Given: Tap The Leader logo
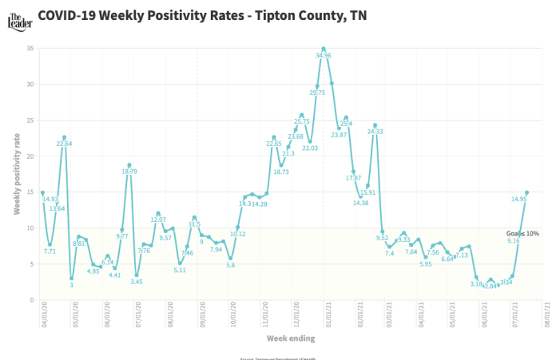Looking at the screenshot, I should coord(17,16).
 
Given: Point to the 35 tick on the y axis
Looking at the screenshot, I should coord(31,49).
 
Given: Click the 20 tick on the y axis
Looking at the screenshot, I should coord(31,156).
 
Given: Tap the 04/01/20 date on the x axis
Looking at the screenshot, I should coord(44,313).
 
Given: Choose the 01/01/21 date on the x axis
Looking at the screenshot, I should coord(328,313).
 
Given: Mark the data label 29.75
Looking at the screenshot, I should coord(317,93).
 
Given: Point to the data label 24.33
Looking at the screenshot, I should coord(375,132).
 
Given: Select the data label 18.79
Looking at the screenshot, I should coord(130,172).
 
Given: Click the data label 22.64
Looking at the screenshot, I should coord(65,144).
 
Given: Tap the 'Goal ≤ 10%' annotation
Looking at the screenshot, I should coord(522,234).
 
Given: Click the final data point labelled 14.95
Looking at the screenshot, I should coord(526,192).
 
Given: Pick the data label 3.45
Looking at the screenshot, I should coord(137,282).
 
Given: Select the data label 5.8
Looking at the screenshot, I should coord(230,265).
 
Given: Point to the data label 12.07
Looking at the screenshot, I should coord(158,220).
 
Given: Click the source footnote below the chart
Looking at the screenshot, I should coord(278,358).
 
